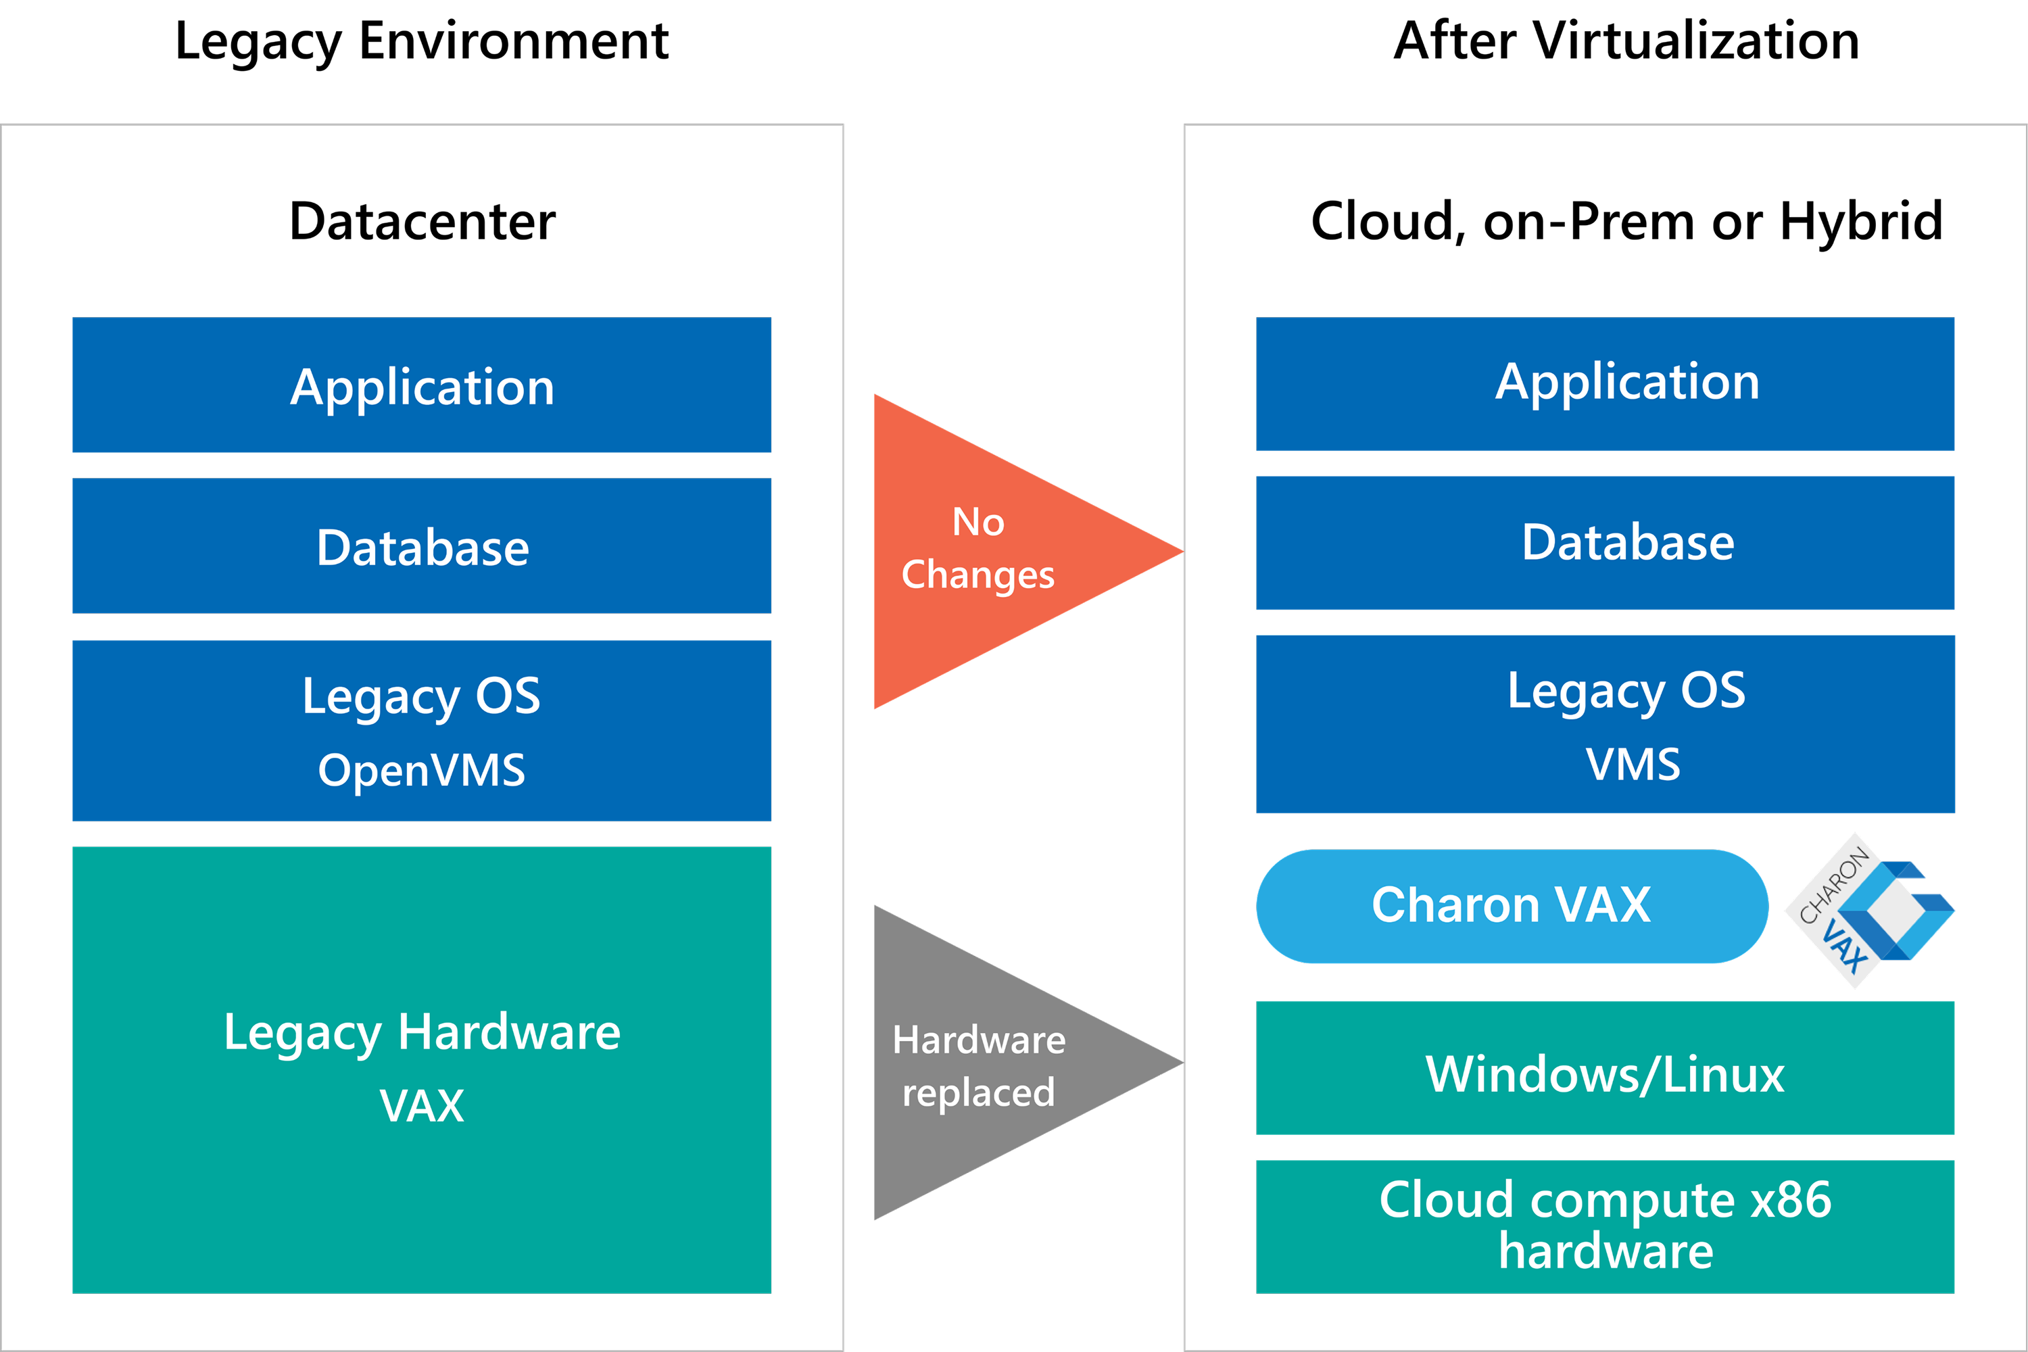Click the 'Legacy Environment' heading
point(422,41)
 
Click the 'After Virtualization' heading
point(1626,41)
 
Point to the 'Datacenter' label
point(422,222)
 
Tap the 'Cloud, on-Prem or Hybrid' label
point(1626,222)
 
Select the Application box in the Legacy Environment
point(422,385)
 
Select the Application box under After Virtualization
point(1605,384)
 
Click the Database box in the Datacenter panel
point(422,546)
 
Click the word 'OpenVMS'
point(422,770)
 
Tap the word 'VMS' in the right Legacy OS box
point(1633,764)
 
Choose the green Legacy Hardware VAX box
point(422,1070)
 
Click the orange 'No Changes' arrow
point(992,552)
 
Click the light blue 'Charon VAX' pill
point(1512,907)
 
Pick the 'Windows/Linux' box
point(1605,1068)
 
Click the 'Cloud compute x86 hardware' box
point(1605,1227)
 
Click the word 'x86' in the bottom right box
point(1791,1199)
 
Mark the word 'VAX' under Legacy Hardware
point(422,1105)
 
